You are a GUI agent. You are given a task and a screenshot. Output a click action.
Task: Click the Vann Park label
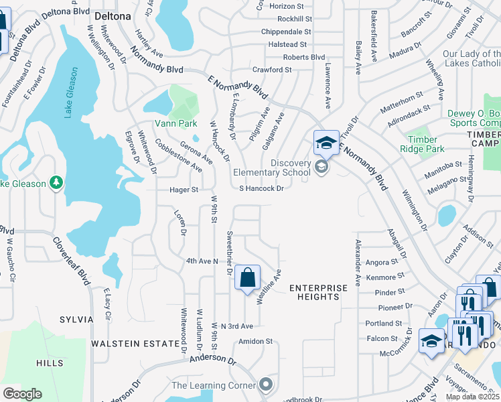tap(175, 123)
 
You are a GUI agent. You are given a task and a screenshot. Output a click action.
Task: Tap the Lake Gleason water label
tap(72, 92)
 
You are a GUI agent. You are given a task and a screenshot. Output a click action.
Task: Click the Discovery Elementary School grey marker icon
tap(321, 167)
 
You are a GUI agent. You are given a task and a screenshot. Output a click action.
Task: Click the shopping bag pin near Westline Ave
tap(247, 277)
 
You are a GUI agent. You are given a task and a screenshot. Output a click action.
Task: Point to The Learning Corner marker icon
tap(266, 385)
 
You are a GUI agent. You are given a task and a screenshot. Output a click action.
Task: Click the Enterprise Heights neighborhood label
tap(319, 292)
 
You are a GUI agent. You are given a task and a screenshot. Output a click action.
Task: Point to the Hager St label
tap(184, 190)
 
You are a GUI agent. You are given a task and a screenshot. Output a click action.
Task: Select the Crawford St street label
tap(271, 70)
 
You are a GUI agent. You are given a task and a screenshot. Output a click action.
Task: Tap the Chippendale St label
tap(286, 31)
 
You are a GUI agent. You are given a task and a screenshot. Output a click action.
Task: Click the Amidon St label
tap(256, 341)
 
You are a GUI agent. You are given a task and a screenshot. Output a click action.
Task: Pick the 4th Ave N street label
tap(202, 260)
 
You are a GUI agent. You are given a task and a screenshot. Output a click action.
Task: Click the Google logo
tap(21, 394)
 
